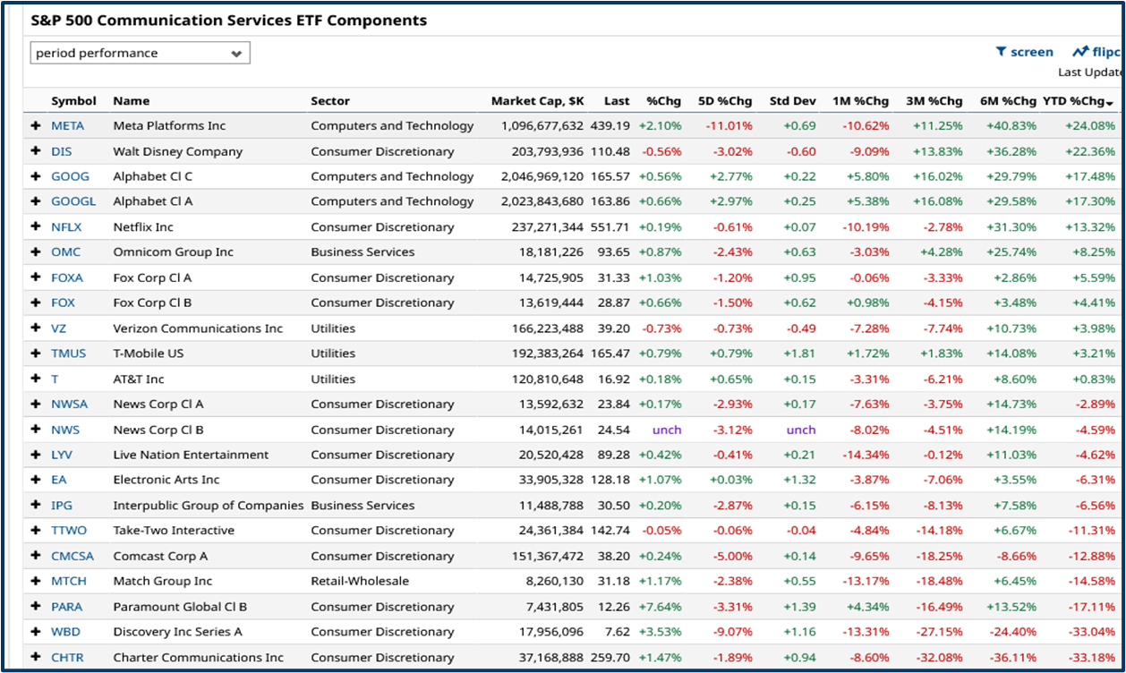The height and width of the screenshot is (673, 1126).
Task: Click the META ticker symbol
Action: tap(67, 126)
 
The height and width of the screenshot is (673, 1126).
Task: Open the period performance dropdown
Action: tap(141, 54)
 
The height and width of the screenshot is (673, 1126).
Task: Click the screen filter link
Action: tap(1025, 52)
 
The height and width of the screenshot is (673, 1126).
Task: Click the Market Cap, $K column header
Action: tap(537, 101)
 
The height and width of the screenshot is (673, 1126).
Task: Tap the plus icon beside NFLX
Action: tap(36, 227)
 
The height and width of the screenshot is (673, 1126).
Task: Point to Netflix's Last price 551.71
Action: tap(610, 227)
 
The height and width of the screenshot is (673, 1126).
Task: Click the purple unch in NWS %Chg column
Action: tap(666, 430)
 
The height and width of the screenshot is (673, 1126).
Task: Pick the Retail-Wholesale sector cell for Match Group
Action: tap(360, 581)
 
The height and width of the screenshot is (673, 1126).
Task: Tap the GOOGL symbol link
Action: tap(73, 201)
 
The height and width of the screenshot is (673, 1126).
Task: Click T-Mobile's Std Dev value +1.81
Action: tap(799, 354)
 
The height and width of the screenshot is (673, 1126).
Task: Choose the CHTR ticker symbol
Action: tap(67, 658)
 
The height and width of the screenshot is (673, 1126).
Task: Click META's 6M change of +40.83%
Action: tap(1011, 126)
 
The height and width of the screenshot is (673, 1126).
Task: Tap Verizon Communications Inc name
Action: tap(198, 328)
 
